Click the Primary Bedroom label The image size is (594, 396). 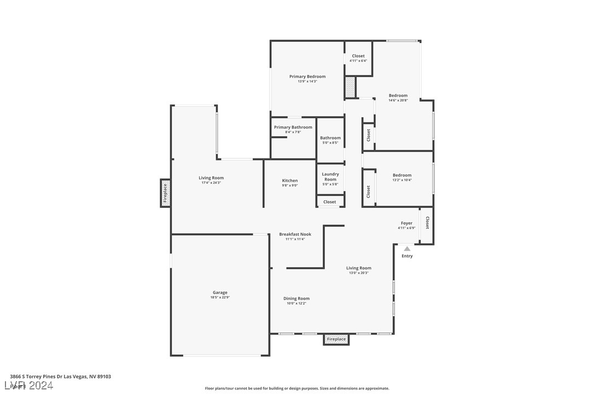click(307, 77)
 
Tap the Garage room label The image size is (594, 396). click(220, 293)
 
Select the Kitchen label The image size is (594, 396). click(290, 180)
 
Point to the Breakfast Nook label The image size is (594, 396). click(295, 234)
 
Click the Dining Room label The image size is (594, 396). click(296, 299)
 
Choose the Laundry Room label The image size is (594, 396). click(330, 177)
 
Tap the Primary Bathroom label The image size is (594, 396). click(293, 127)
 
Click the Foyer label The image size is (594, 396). click(406, 223)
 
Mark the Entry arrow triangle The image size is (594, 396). click(407, 249)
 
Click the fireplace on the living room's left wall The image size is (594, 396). click(165, 193)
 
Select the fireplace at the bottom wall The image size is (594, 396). click(336, 339)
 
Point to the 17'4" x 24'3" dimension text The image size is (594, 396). click(211, 183)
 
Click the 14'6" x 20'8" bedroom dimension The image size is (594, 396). click(398, 100)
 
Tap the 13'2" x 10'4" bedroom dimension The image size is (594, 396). click(402, 180)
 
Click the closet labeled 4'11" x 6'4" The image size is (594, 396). click(358, 58)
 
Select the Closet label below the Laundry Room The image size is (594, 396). click(330, 202)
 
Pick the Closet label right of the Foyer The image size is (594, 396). click(427, 223)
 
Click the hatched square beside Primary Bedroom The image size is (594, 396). click(350, 88)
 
